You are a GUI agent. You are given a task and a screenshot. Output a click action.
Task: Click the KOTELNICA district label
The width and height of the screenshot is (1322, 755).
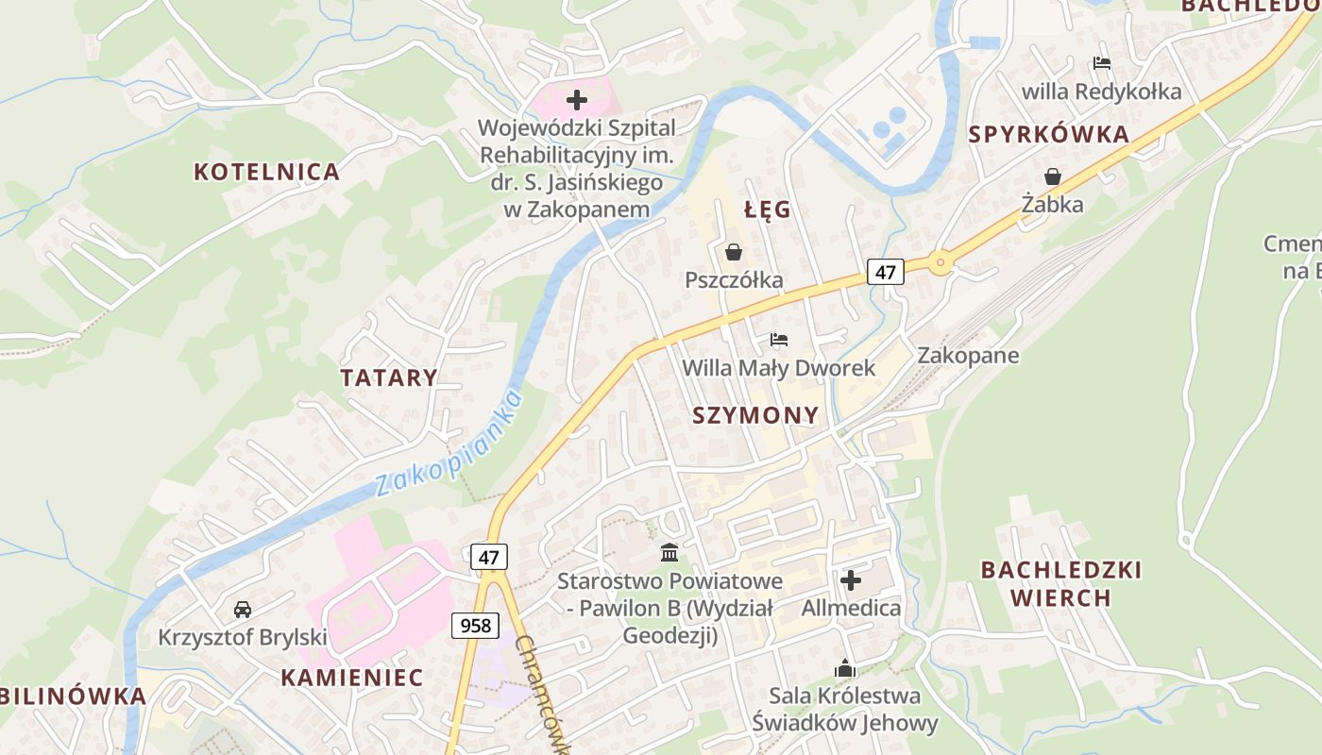[x=266, y=172]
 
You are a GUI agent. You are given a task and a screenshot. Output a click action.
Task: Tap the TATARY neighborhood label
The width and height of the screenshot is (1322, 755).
[x=389, y=378]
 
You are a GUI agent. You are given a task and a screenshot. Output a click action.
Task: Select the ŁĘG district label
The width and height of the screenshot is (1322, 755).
[x=767, y=210]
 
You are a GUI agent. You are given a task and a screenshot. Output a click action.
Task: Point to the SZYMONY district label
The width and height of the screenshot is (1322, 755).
[x=755, y=415]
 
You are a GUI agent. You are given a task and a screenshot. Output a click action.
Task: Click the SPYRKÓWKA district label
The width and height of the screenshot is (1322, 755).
[x=1049, y=135]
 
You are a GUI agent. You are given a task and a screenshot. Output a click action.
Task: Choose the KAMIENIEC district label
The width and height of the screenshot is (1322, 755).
[x=352, y=678]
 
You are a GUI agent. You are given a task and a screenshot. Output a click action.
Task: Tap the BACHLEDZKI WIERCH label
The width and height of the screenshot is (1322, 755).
[x=1060, y=583]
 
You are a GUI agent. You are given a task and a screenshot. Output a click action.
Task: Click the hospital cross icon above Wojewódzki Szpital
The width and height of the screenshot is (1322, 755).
[x=576, y=100]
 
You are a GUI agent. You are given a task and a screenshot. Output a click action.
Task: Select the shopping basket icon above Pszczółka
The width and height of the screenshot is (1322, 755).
[x=734, y=252]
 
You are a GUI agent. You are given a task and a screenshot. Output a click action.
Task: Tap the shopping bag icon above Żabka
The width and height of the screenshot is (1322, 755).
[x=1052, y=176]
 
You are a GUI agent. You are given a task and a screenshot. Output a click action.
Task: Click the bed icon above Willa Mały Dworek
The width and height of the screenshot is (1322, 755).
[x=779, y=340]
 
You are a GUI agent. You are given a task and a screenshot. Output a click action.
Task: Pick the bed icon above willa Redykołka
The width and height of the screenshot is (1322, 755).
[x=1101, y=64]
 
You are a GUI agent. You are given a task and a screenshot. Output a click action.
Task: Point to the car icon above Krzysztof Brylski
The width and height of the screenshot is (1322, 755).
[x=243, y=610]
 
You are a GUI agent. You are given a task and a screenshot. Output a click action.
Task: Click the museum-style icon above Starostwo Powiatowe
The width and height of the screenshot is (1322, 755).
[x=669, y=552]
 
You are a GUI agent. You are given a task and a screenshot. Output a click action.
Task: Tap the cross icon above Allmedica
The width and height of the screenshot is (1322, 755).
[x=851, y=579]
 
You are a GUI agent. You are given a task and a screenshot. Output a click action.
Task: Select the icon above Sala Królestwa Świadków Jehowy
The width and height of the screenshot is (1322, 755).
[x=844, y=668]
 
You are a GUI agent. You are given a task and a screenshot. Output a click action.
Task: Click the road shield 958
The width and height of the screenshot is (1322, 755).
[x=474, y=625]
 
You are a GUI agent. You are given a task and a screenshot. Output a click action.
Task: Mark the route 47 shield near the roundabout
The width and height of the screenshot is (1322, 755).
[x=885, y=273]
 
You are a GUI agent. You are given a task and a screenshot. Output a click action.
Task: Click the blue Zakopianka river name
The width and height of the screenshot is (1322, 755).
[x=449, y=445]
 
